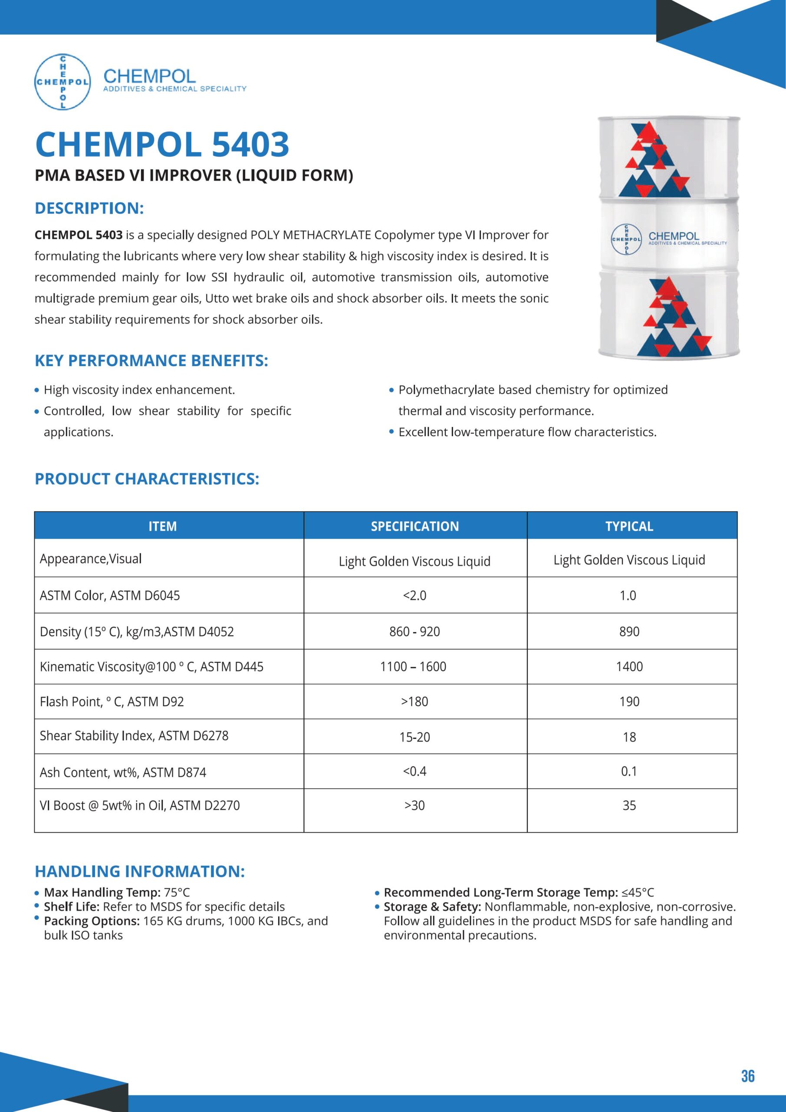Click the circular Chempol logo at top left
pyautogui.click(x=62, y=82)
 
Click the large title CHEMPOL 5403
pyautogui.click(x=162, y=144)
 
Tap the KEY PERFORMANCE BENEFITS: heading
pyautogui.click(x=151, y=361)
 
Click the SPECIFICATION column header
pyautogui.click(x=415, y=526)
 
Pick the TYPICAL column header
pyautogui.click(x=629, y=526)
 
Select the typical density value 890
pyautogui.click(x=629, y=631)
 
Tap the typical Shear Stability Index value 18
pyautogui.click(x=629, y=737)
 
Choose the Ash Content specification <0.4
pyautogui.click(x=415, y=771)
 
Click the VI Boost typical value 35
pyautogui.click(x=629, y=805)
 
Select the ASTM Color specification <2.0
pyautogui.click(x=415, y=595)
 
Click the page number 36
pyautogui.click(x=747, y=1076)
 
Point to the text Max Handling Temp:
pyautogui.click(x=102, y=892)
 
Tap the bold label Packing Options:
pyautogui.click(x=92, y=921)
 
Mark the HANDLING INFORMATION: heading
pyautogui.click(x=139, y=871)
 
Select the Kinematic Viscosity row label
pyautogui.click(x=151, y=666)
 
